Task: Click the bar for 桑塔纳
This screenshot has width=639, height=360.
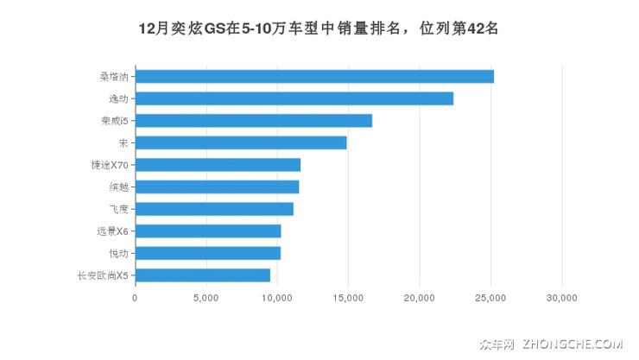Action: click(x=314, y=76)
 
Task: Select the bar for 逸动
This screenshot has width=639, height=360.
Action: click(x=294, y=98)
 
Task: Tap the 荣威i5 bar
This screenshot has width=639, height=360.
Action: click(x=254, y=120)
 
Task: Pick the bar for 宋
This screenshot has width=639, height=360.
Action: click(x=241, y=142)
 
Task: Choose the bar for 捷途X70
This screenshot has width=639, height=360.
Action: click(x=218, y=165)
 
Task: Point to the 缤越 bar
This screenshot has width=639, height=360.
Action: click(x=218, y=186)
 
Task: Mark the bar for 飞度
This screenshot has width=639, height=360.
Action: click(x=214, y=209)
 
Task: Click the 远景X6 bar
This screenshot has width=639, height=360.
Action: click(x=208, y=231)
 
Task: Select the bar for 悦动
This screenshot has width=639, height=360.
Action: click(x=208, y=253)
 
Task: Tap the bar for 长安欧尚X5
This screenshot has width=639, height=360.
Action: click(x=203, y=275)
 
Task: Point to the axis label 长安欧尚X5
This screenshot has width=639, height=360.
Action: click(x=103, y=275)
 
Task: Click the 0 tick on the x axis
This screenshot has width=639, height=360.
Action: click(x=136, y=297)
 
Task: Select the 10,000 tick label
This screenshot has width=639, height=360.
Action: click(x=277, y=297)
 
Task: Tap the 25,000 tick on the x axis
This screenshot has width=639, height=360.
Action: click(x=490, y=297)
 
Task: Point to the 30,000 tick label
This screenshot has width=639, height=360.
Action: click(x=561, y=297)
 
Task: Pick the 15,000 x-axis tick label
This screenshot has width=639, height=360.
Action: click(x=348, y=297)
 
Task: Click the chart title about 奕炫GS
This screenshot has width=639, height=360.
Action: click(x=319, y=28)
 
